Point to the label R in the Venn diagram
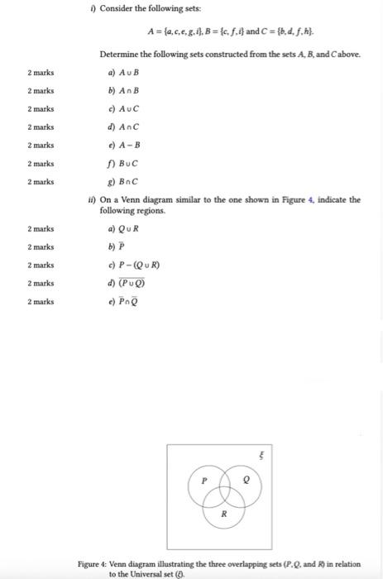(223, 514)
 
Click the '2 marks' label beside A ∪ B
(40, 72)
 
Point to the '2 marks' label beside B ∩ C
(40, 181)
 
